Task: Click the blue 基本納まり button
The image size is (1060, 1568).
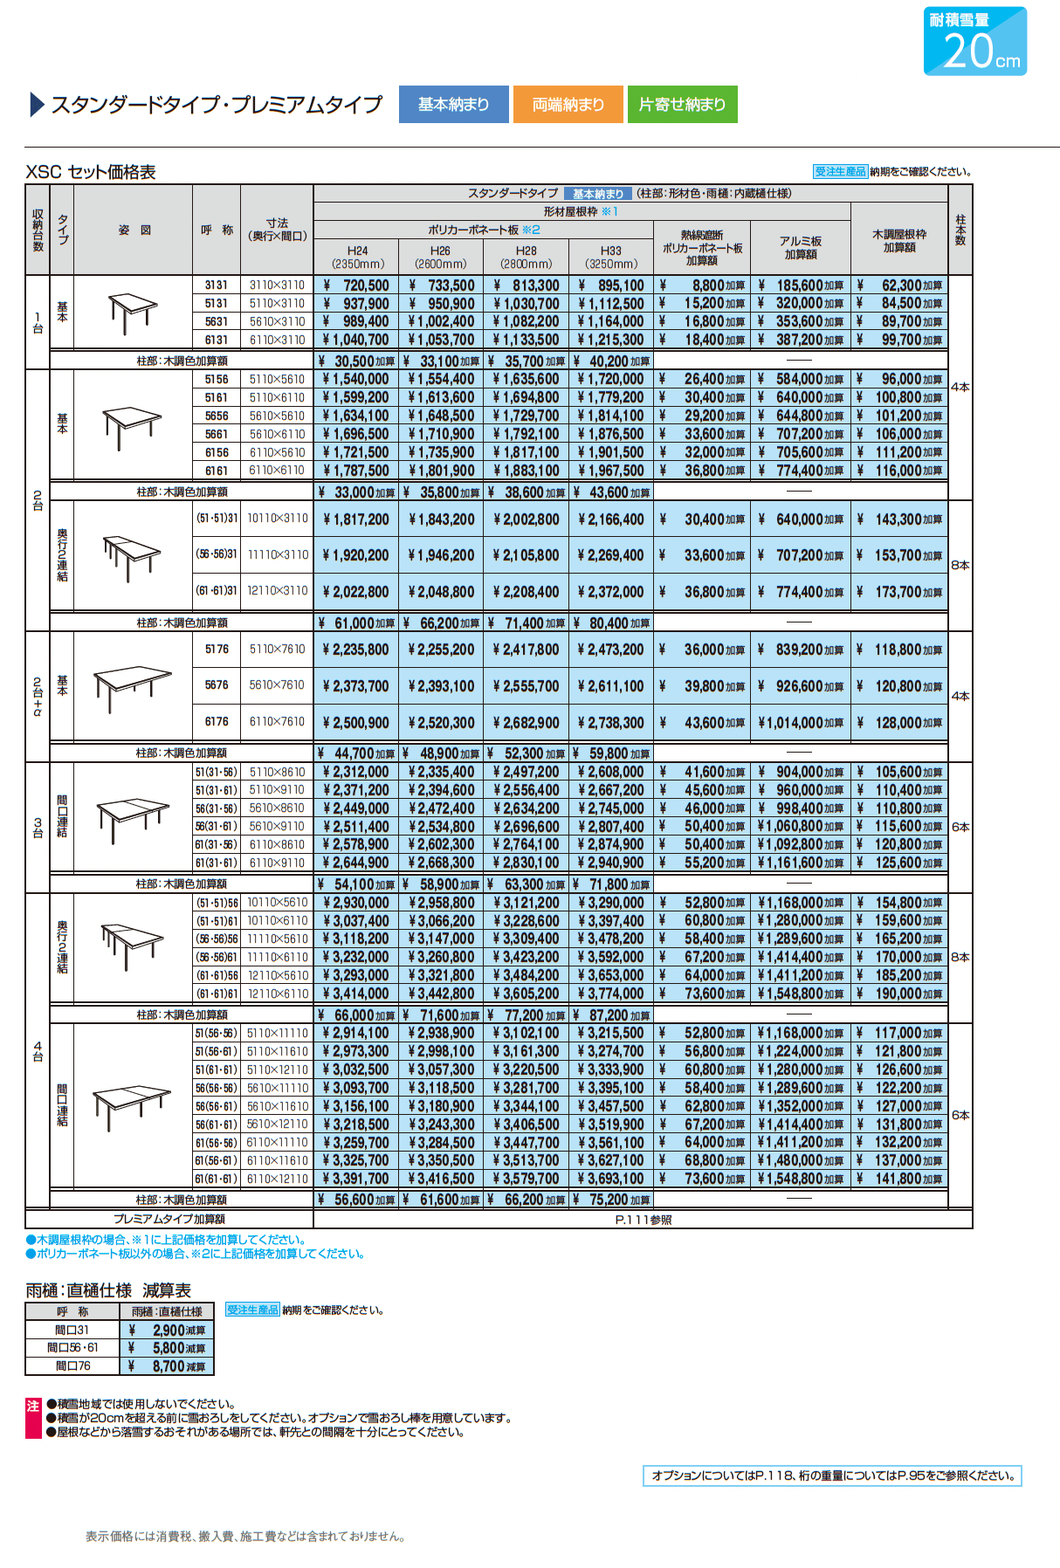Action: [x=454, y=104]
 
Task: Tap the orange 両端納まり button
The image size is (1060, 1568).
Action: [x=568, y=104]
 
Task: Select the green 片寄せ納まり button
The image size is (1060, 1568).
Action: [x=682, y=104]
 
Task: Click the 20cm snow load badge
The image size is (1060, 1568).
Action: [x=975, y=41]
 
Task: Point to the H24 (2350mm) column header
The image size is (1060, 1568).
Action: [x=357, y=257]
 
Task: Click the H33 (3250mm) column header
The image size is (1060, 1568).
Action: [x=610, y=257]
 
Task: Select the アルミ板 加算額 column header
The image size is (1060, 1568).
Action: [x=801, y=247]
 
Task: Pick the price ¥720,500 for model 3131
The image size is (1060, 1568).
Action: [x=357, y=285]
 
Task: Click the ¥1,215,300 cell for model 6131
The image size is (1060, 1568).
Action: [x=610, y=340]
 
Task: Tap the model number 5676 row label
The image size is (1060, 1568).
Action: [x=217, y=685]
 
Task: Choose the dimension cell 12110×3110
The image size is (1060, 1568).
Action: [x=278, y=591]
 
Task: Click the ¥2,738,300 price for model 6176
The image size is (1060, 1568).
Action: [x=610, y=723]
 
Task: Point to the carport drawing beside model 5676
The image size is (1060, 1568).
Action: [x=133, y=685]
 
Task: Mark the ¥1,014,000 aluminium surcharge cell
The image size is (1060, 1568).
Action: [x=801, y=723]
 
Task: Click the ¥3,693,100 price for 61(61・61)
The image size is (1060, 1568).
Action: [x=610, y=1179]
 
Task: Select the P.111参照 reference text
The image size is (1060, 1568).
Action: [x=643, y=1220]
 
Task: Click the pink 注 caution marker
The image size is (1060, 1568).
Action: [x=33, y=1406]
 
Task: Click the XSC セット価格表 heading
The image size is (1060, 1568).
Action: [x=91, y=172]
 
